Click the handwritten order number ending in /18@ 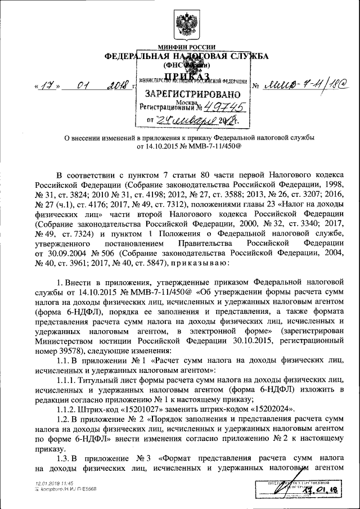pyautogui.click(x=307, y=84)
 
